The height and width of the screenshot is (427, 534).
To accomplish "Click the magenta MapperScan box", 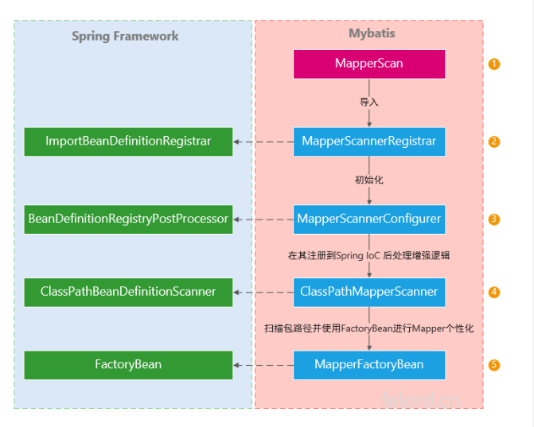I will (x=368, y=64).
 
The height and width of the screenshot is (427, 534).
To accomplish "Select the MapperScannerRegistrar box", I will (x=368, y=142).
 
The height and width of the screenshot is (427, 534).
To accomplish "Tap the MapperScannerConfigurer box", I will (x=368, y=218).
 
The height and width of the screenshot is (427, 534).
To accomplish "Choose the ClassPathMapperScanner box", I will (x=368, y=292).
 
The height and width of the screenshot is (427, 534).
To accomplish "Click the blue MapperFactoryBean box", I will (x=368, y=365).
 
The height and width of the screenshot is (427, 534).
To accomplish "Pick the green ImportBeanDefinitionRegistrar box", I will (x=128, y=142).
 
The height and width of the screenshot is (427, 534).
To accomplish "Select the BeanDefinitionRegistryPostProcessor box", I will (x=128, y=218).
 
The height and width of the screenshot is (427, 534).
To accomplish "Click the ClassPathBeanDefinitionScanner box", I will (x=128, y=292).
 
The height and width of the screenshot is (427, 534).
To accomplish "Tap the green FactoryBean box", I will (x=128, y=365).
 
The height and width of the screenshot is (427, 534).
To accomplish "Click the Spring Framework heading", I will (x=125, y=36).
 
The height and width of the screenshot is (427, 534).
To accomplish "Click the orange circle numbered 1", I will (x=494, y=64).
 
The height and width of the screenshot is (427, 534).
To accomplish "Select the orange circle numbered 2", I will (x=494, y=142).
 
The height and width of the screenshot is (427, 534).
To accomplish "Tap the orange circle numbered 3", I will (x=494, y=219).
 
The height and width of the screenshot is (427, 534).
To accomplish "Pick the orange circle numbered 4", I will (x=494, y=292).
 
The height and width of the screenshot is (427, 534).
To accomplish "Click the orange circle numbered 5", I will (x=494, y=365).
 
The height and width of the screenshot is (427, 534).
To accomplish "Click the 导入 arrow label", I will (x=368, y=103).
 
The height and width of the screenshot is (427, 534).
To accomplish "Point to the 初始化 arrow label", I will (x=368, y=181).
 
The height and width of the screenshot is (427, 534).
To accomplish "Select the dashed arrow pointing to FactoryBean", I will (x=263, y=366).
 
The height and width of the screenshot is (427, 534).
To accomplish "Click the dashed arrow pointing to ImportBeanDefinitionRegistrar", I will (x=263, y=142).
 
